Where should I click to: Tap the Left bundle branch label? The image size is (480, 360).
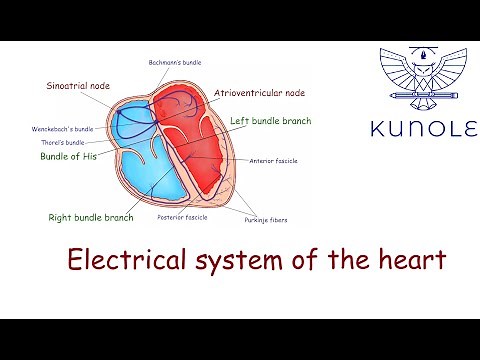(270, 121)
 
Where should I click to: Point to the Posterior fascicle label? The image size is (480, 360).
(182, 217)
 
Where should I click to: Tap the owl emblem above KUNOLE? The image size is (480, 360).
(423, 77)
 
